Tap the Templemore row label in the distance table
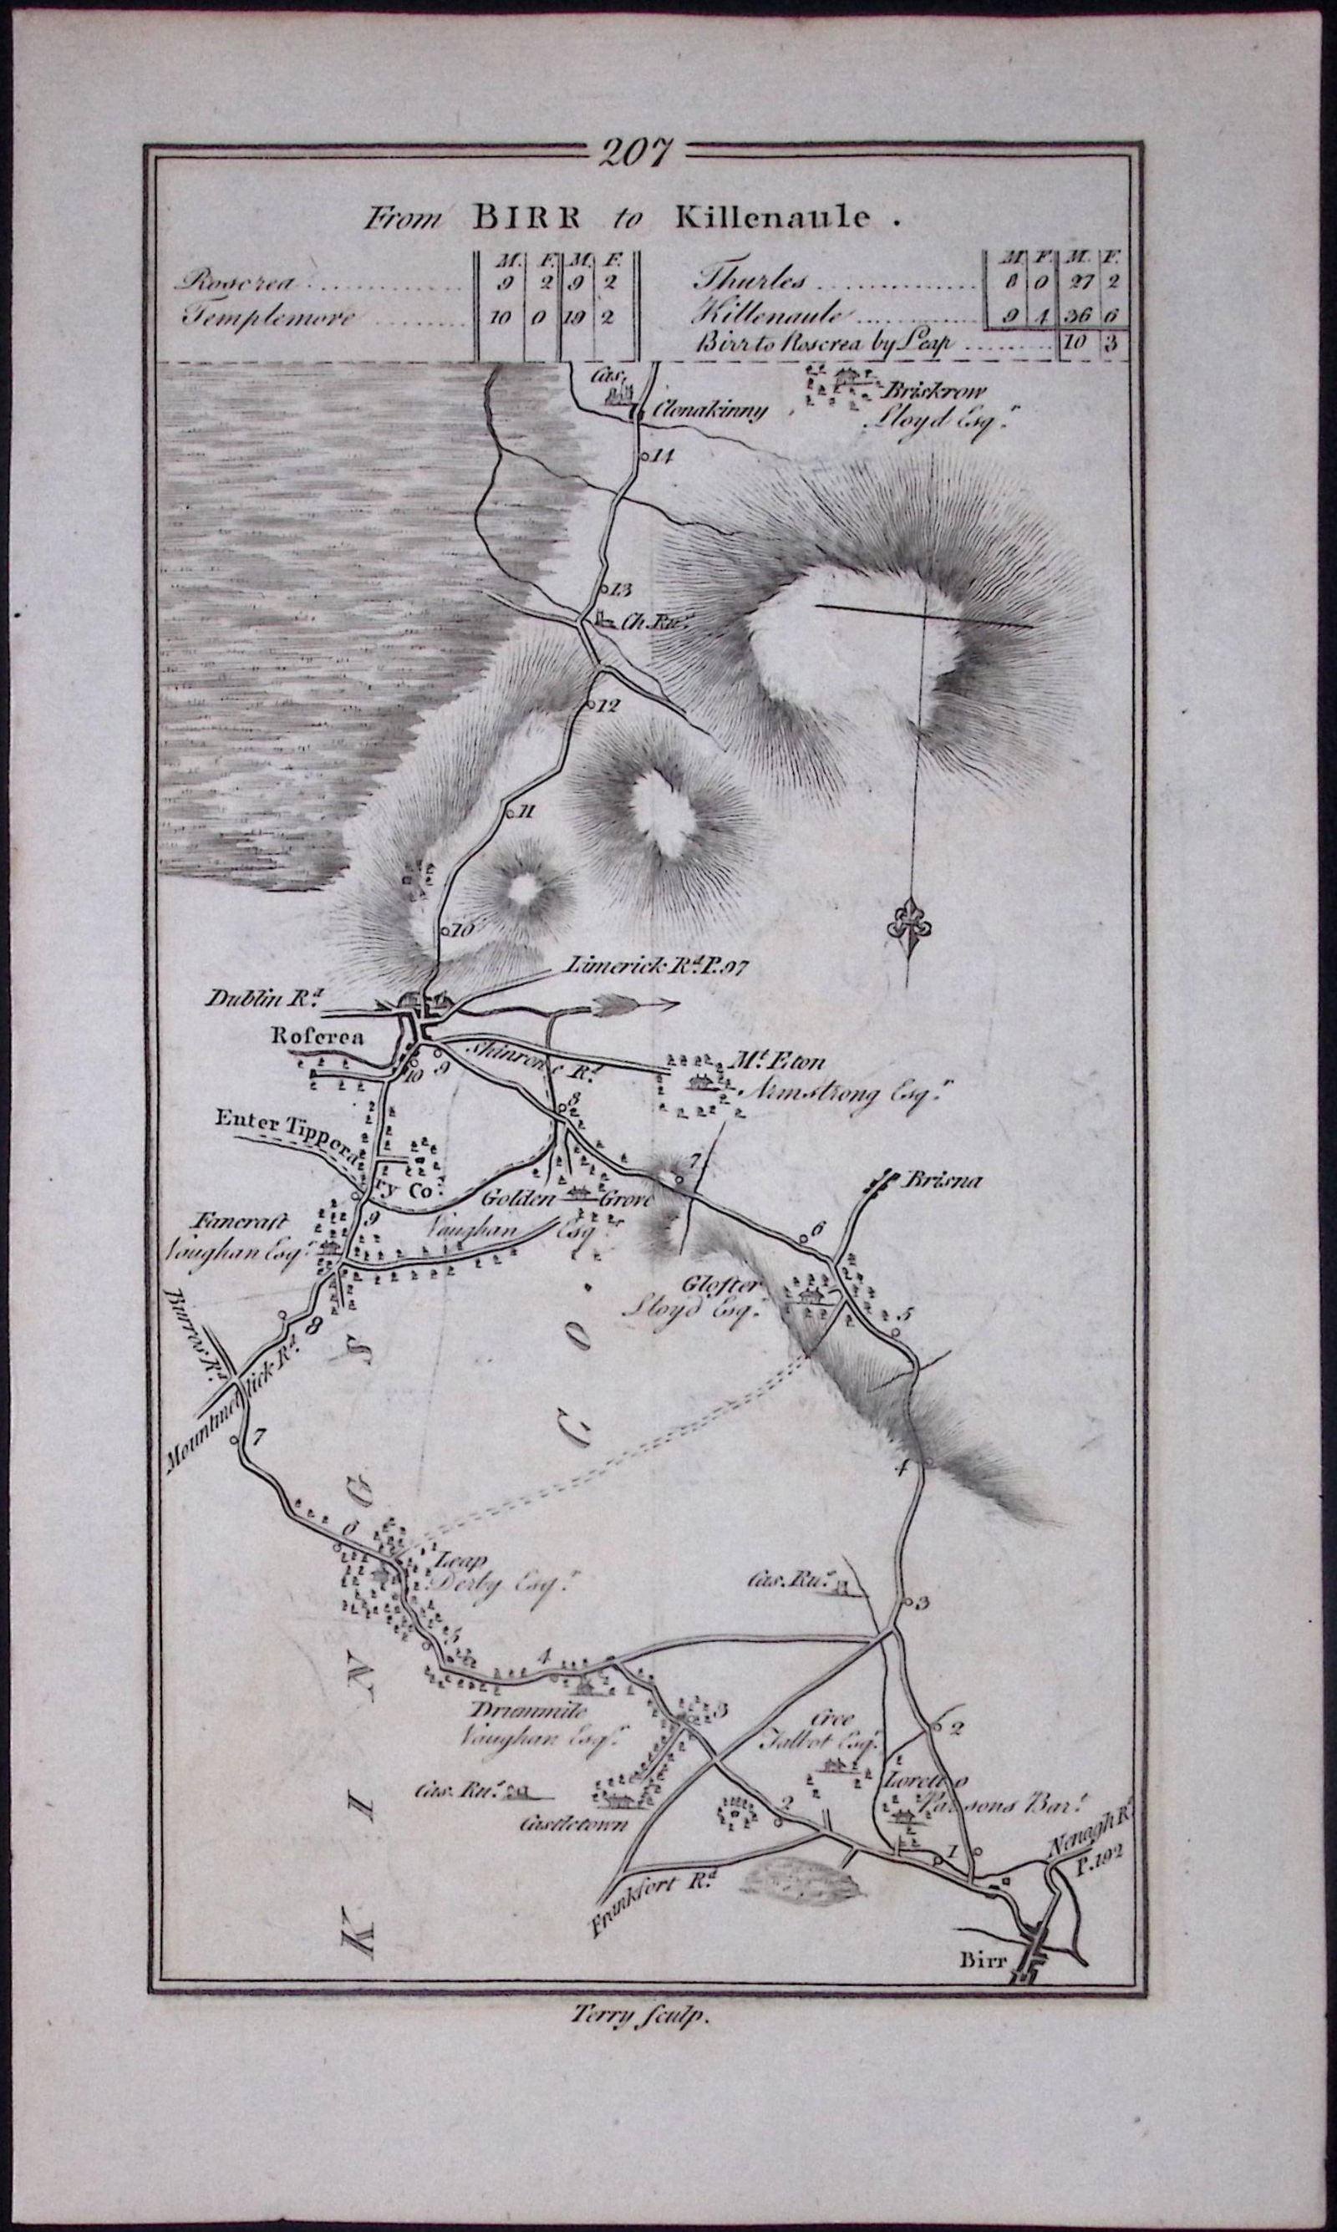tap(256, 317)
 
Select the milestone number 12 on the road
tap(609, 704)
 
